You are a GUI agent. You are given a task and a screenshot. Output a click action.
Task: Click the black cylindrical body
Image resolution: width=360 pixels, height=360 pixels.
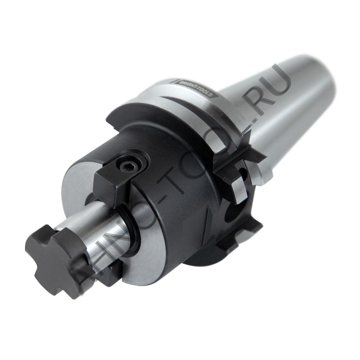[169, 162]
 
